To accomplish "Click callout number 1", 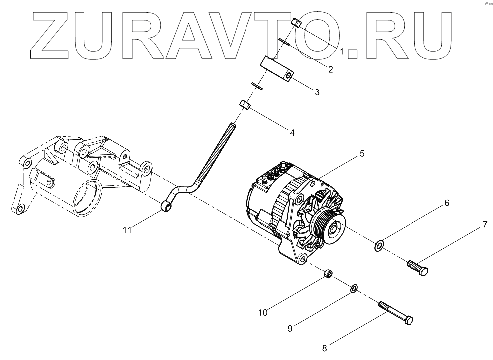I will pos(342,51).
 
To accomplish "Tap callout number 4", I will pos(292,133).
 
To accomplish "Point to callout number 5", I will pos(362,154).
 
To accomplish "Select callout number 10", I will pos(263,313).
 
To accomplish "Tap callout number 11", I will pos(128,229).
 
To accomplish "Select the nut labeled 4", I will pos(245,105).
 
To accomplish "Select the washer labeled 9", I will pos(354,288).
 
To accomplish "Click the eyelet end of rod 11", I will pos(167,204).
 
